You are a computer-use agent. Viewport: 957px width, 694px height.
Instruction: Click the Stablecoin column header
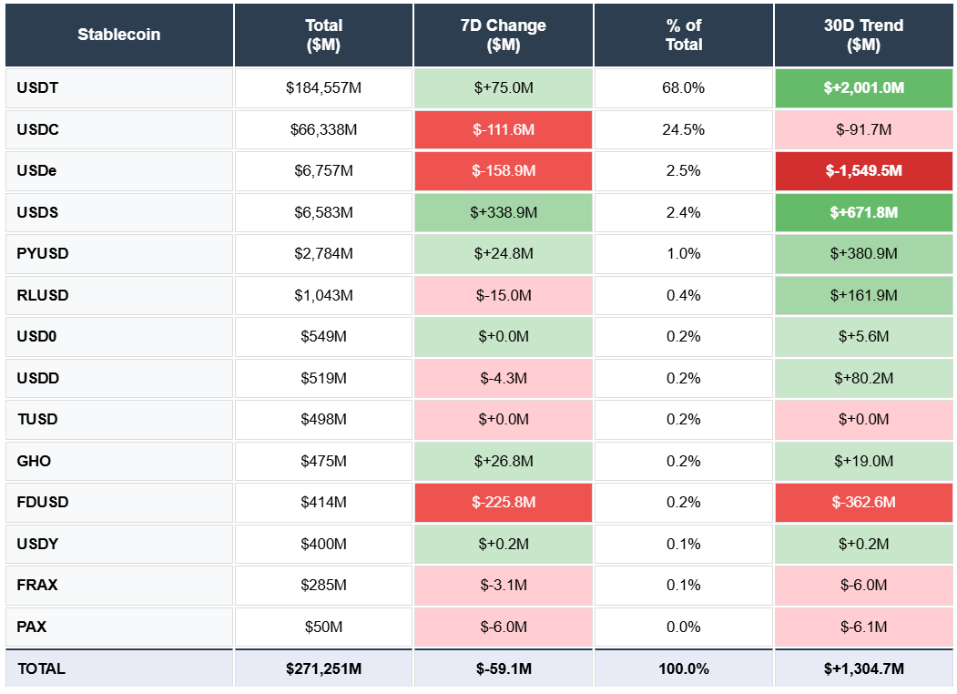[x=119, y=35]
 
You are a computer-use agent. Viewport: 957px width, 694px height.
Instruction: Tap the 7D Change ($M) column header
[x=504, y=35]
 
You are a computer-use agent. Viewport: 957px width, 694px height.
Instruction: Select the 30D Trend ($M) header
[x=863, y=35]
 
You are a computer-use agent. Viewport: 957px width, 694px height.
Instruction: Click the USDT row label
[x=119, y=88]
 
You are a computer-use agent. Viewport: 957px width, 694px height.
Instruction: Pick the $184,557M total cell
[x=323, y=88]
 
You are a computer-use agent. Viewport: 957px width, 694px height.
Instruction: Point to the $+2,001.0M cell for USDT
[x=863, y=88]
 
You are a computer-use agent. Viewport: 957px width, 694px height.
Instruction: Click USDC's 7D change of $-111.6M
[x=504, y=129]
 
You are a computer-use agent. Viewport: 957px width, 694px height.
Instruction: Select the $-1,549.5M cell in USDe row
[x=863, y=171]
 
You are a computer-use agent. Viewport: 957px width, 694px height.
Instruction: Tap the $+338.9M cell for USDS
[x=504, y=212]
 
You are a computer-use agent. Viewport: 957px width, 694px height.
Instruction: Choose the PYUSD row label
[x=119, y=254]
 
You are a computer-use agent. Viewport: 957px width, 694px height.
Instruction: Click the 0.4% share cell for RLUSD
[x=683, y=295]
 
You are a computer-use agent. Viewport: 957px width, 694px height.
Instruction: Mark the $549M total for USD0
[x=323, y=337]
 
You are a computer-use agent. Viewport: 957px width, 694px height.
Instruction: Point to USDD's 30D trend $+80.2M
[x=863, y=378]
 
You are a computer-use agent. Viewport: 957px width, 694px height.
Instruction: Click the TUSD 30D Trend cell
[x=863, y=420]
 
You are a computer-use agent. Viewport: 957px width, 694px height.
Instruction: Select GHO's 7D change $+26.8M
[x=504, y=461]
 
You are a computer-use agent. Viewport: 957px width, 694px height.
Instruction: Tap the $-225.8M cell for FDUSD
[x=504, y=503]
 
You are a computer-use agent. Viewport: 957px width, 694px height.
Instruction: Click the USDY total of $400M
[x=323, y=544]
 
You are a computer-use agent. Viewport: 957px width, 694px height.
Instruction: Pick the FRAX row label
[x=119, y=586]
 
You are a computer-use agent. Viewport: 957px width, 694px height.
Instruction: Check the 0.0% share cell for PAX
[x=683, y=627]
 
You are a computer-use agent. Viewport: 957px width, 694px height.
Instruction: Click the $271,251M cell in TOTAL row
[x=323, y=668]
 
